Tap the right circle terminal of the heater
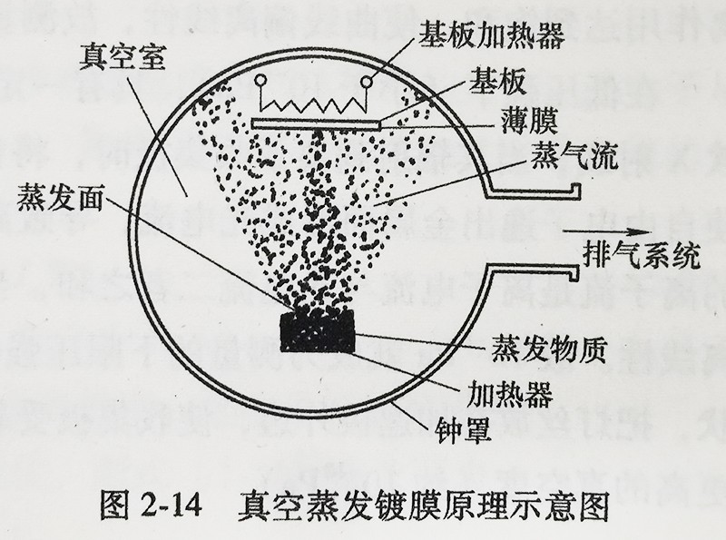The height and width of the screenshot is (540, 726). [368, 83]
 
